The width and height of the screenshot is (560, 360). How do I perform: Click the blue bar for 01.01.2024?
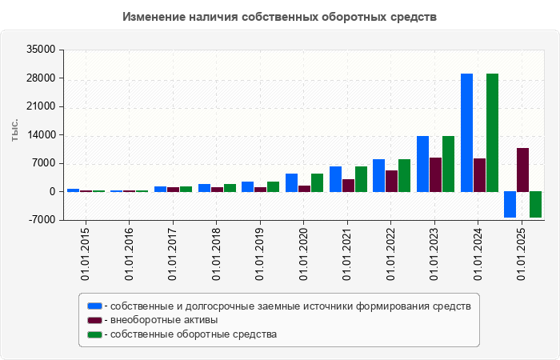point(466,133)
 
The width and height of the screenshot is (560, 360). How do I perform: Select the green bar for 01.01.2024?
point(492,133)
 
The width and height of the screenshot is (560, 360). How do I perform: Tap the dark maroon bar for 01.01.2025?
point(522,170)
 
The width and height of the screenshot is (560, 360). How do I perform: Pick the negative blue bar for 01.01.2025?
point(510,204)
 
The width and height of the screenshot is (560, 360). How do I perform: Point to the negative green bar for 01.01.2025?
point(535,204)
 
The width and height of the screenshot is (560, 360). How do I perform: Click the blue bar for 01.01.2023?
point(422,164)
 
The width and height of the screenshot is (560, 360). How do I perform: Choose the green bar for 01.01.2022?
point(405,175)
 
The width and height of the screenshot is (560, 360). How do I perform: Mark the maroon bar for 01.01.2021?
point(348,186)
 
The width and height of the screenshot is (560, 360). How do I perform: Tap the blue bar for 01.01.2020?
point(291,182)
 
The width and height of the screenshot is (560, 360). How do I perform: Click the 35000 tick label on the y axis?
point(40,50)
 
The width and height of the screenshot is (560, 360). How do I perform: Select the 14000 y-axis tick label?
point(40,135)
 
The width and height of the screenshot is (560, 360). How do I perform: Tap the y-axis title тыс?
point(14,130)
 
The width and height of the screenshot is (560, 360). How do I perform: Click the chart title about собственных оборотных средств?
point(280,17)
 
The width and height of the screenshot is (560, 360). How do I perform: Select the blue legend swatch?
point(95,306)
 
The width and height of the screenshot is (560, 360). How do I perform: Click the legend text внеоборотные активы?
point(164,320)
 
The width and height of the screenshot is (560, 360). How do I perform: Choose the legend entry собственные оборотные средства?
point(194,334)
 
